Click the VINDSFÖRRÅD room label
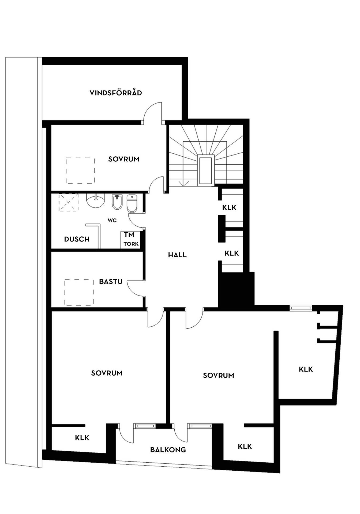(116, 93)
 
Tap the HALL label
(177, 255)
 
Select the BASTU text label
(111, 281)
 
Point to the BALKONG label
(168, 449)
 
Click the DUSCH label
(77, 239)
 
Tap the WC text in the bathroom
(112, 220)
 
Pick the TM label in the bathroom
(129, 235)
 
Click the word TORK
(131, 244)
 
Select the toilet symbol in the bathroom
(132, 203)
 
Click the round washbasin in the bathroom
(96, 201)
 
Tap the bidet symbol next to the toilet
(117, 202)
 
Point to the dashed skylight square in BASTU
(79, 292)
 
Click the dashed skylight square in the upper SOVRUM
(80, 171)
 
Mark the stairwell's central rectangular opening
(206, 171)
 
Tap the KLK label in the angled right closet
(306, 369)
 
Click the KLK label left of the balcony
(82, 438)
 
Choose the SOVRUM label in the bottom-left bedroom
(107, 373)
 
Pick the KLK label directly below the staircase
(229, 207)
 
